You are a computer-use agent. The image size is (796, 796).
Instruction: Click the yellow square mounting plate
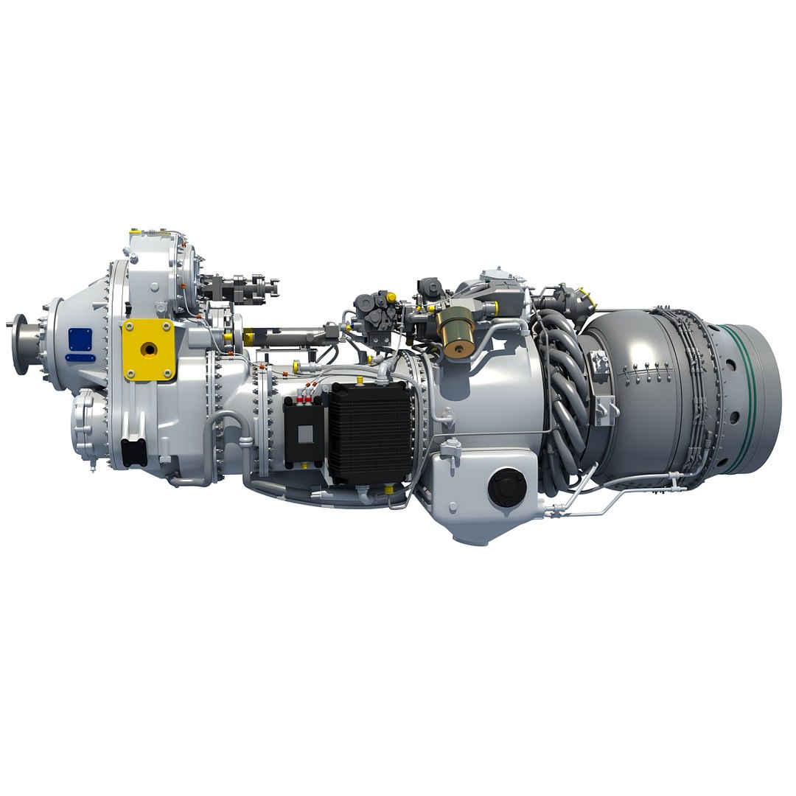pos(148,349)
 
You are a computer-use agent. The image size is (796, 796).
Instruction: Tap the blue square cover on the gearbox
pos(80,340)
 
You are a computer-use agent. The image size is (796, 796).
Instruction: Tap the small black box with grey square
pos(303,436)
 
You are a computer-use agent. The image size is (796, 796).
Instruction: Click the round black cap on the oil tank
pos(507,487)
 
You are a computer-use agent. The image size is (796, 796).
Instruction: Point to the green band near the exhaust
pos(747,399)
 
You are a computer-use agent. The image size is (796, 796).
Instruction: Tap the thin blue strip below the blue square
pos(80,358)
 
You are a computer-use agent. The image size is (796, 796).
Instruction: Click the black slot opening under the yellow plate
pos(134,452)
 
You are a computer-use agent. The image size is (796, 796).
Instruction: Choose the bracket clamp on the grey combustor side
pos(605,409)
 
